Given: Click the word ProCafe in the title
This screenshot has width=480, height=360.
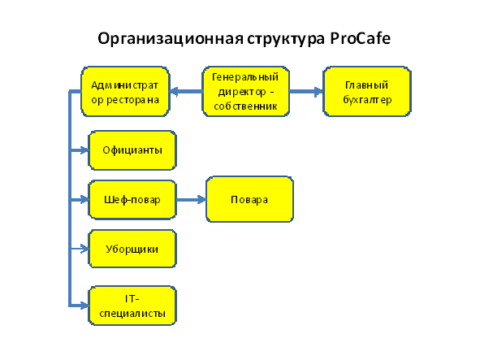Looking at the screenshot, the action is pos(361,39).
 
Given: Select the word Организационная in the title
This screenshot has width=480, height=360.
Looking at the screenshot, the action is pos(171,40).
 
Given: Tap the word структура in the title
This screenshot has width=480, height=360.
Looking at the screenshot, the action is pos(286,40).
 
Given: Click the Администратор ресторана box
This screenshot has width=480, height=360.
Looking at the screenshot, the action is pos(125,92).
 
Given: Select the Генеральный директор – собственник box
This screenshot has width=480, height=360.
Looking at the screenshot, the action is pos(246,91).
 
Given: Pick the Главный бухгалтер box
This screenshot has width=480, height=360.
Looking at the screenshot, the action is pos(367,92).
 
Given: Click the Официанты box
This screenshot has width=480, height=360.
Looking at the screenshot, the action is pos(132,150).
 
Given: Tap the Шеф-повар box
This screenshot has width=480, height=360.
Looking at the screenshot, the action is pos(132,200).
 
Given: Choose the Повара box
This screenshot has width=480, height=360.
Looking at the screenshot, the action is pos(249,199).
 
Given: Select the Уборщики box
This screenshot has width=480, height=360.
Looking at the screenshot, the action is pos(132,249).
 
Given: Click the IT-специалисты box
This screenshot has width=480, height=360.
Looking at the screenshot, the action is pos(132,306).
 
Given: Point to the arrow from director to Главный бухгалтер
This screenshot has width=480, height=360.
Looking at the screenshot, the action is pos(306,91).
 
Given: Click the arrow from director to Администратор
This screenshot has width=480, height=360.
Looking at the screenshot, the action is pos(186,91).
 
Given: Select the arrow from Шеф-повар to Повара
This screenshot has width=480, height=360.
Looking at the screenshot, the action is pos(192,200).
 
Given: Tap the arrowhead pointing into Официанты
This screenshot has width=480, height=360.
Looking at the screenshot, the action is pos(84,150).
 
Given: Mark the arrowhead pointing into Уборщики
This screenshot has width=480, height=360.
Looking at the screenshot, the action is pos(84,249).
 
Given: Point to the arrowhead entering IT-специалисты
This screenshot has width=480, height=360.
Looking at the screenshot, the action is pos(84,306).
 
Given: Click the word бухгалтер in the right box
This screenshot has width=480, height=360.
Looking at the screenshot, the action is pos(367,100).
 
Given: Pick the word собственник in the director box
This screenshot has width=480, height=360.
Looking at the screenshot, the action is pos(245,106).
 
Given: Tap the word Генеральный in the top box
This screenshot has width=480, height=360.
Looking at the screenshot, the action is pos(245,77).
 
